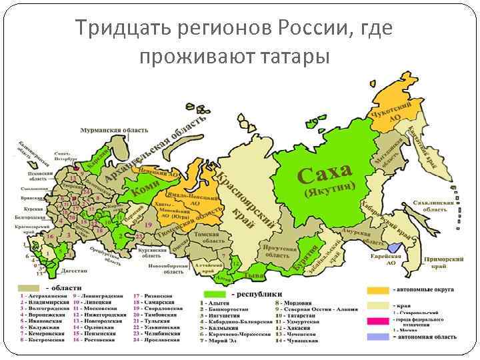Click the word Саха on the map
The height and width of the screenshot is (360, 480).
click(325, 174)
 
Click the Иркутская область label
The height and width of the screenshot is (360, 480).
click(278, 251)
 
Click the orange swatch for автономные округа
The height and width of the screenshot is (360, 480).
click(377, 291)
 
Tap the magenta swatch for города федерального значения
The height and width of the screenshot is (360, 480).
click(377, 321)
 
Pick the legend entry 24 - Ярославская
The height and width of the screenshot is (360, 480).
click(157, 339)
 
